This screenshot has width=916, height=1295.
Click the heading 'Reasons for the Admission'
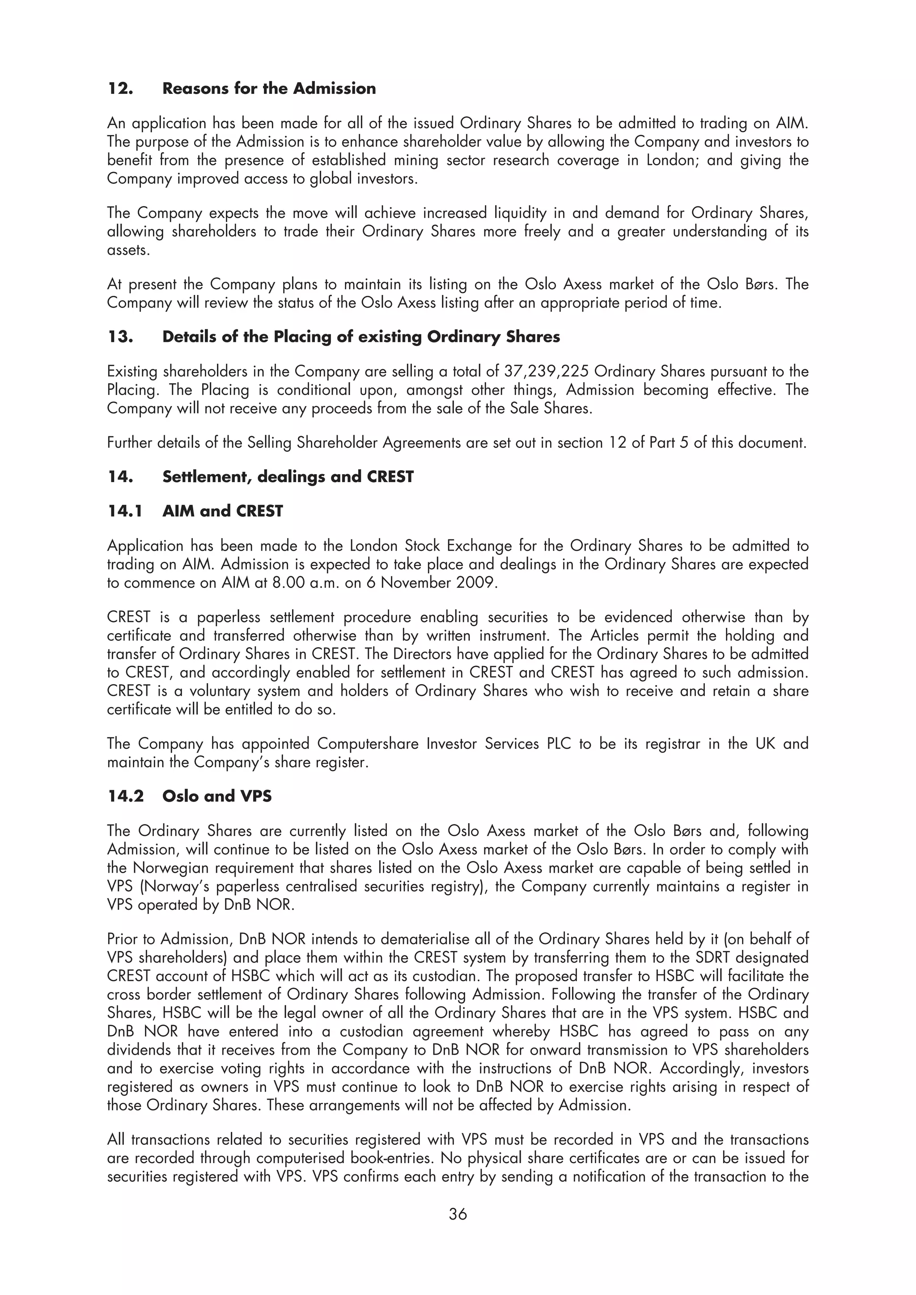[x=269, y=88]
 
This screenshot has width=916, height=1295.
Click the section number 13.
[x=120, y=337]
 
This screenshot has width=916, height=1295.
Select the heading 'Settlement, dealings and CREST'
[x=288, y=477]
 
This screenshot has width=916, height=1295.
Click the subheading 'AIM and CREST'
[x=222, y=511]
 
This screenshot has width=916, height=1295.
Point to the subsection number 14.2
[x=125, y=796]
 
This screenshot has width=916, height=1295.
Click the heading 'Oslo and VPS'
[x=217, y=796]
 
